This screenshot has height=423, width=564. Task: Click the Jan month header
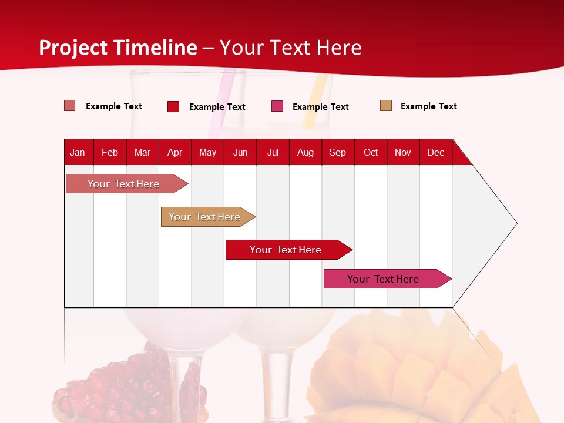point(78,152)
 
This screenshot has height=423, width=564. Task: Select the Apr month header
point(174,152)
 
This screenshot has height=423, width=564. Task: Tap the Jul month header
point(273,152)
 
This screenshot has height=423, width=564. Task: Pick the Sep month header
point(337,152)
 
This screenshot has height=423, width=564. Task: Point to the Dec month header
point(435,152)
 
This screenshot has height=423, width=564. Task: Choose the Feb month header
point(110,152)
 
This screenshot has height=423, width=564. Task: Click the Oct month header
point(371,152)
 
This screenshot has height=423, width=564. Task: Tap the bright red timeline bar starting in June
point(286,250)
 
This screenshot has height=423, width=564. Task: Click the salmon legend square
point(69,106)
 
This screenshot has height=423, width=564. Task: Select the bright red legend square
point(173,106)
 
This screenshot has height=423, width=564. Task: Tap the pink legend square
point(277,106)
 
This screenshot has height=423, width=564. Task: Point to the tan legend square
point(385,106)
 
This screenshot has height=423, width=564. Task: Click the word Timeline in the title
point(155,48)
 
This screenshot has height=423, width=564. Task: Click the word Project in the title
point(73,48)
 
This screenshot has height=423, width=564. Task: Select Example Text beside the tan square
point(428,106)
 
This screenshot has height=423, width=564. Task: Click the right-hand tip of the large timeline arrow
point(515,223)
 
